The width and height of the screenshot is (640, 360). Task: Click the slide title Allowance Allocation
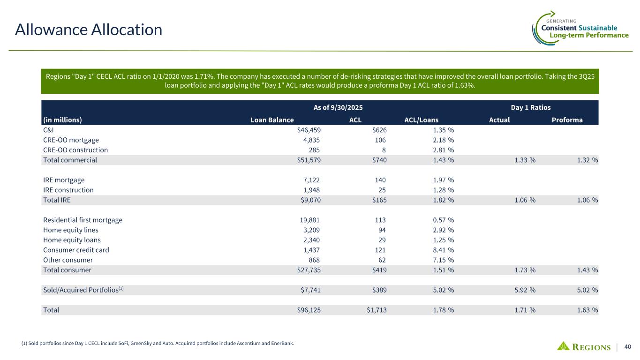click(89, 30)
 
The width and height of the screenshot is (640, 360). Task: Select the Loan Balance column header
click(272, 120)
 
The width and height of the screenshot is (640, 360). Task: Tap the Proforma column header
click(567, 120)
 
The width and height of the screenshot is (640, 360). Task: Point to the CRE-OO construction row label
click(75, 150)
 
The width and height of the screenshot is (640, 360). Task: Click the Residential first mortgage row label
click(83, 220)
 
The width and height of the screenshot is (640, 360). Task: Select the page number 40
click(628, 347)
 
